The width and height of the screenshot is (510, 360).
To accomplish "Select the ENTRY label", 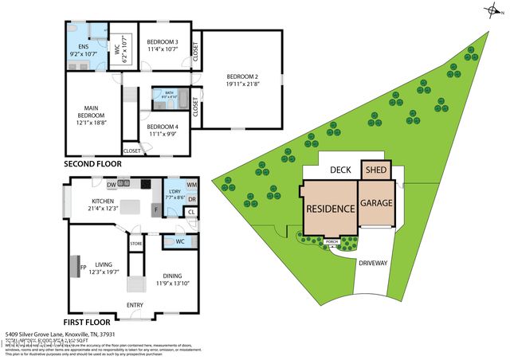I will tap(135, 304).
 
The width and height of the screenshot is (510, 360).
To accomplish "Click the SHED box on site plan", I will tap(375, 170).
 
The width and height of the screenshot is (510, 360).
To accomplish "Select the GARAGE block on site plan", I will tap(376, 203).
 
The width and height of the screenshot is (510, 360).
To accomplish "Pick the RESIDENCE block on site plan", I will tap(330, 209).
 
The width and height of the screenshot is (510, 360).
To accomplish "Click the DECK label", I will tap(341, 170).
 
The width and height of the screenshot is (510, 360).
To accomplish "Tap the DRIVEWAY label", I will tap(374, 261).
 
